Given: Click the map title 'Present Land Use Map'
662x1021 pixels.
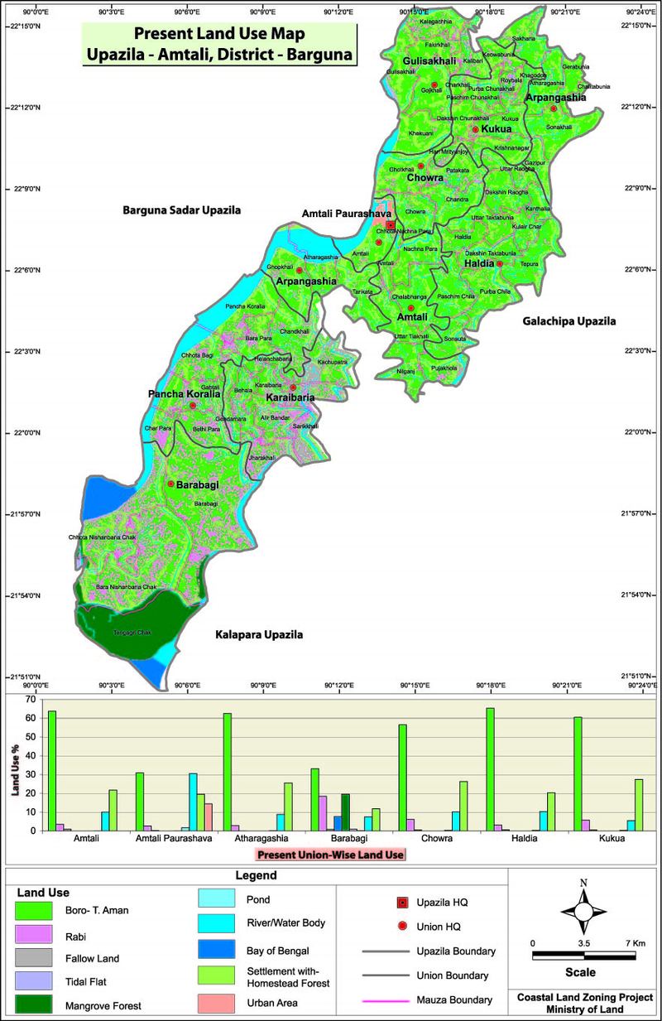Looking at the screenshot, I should (x=218, y=35).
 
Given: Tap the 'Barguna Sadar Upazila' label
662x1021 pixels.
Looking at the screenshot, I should (x=181, y=211).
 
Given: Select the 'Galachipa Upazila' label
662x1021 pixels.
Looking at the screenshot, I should (x=570, y=320).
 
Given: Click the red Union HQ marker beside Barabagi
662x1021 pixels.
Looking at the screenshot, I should (x=170, y=484).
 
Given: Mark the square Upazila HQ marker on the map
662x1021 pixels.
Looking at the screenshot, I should (x=390, y=224).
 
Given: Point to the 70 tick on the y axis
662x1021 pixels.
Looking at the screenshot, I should (x=30, y=699).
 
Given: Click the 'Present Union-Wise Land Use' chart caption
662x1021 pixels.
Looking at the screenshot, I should (x=330, y=854).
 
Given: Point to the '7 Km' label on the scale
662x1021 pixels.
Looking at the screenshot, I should (x=636, y=943).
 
